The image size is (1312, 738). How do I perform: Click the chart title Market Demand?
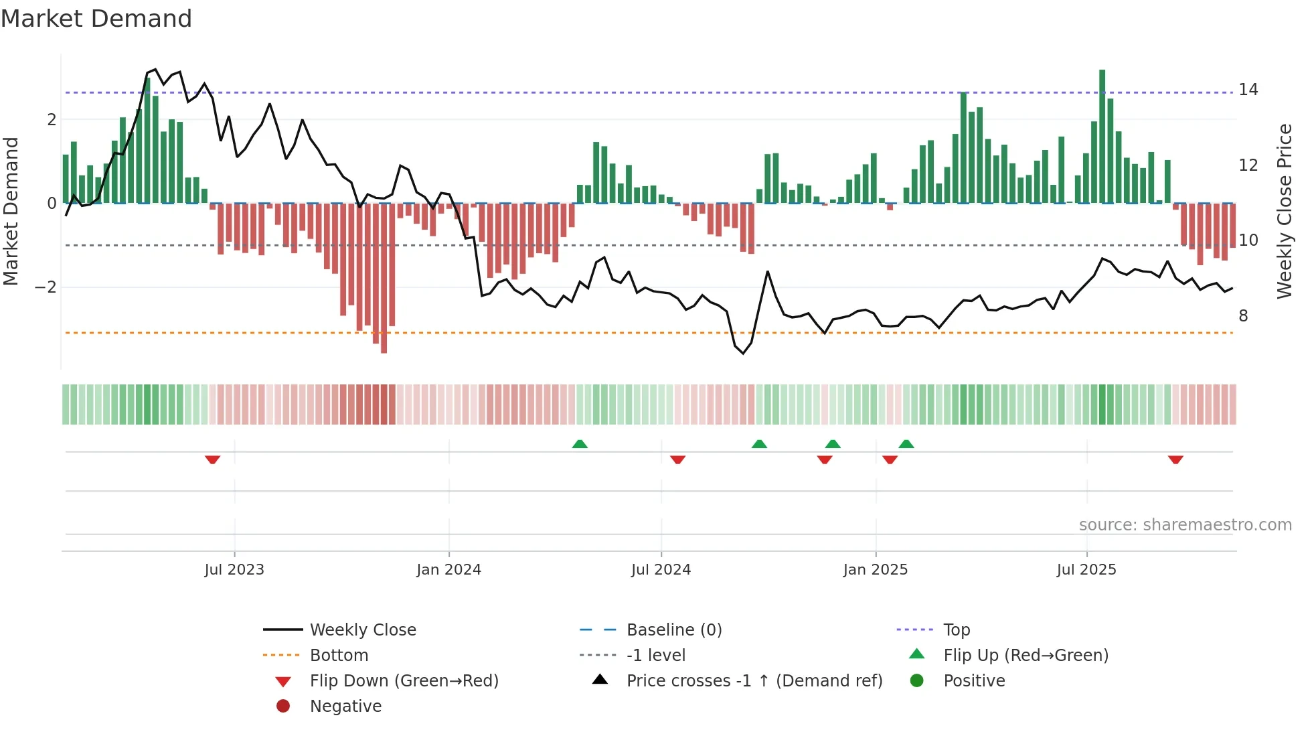coord(96,19)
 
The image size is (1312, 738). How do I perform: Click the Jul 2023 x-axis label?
coord(234,570)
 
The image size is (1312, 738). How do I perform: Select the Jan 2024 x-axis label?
coord(448,570)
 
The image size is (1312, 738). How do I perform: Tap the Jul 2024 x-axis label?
coord(661,570)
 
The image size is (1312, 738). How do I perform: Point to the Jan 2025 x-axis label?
coord(875,570)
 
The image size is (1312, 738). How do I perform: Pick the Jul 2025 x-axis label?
coord(1086,570)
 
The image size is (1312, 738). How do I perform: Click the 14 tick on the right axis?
coord(1248,90)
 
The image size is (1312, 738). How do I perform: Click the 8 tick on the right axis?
coord(1243,316)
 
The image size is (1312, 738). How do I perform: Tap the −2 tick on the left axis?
coord(46,287)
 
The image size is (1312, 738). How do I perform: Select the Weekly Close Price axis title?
coord(1284,211)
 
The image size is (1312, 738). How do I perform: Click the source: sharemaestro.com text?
coord(1185,525)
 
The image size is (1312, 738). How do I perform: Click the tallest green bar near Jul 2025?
coord(1102,134)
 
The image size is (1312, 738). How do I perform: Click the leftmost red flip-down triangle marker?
coord(212,459)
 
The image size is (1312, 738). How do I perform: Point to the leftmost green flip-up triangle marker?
coord(580,444)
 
